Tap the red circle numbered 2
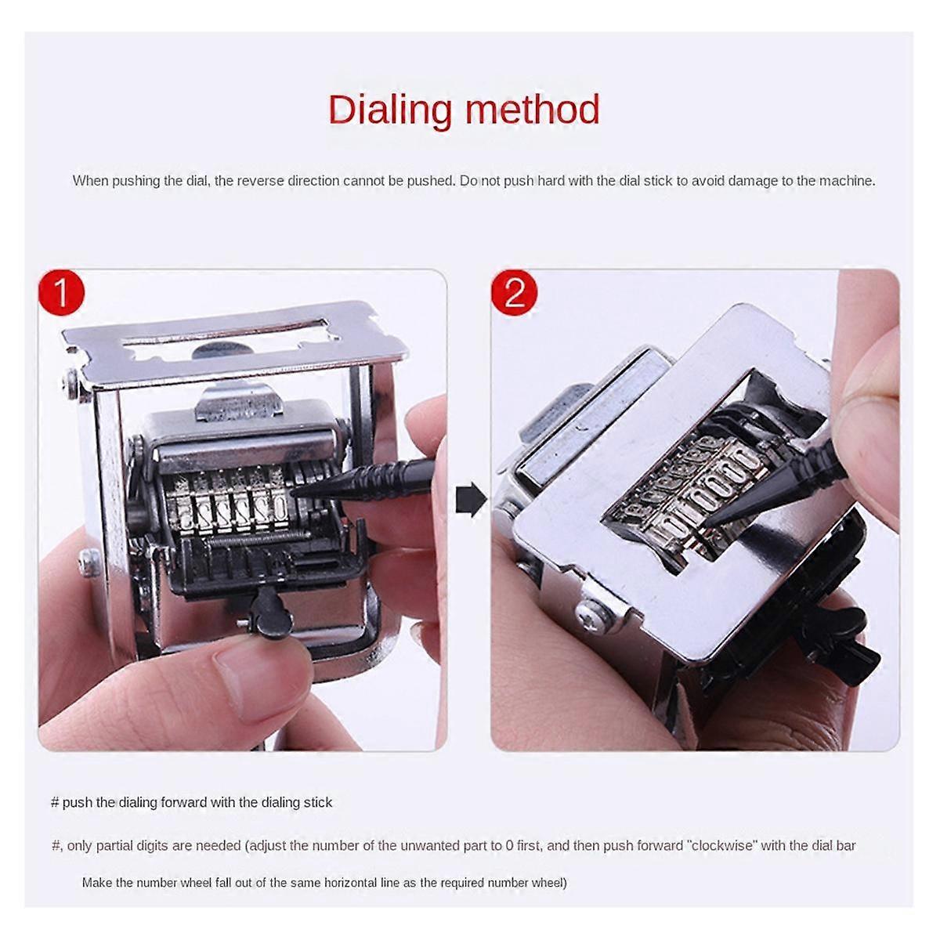(514, 292)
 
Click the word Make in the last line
(96, 883)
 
